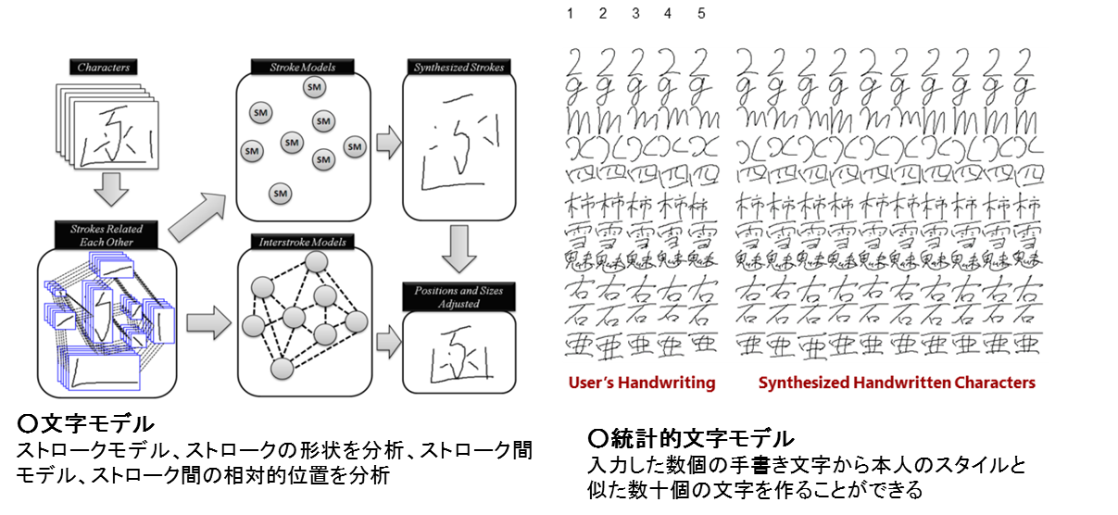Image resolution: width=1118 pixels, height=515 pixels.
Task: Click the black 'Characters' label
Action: pyautogui.click(x=103, y=68)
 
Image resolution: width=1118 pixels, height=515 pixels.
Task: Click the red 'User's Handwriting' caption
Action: pyautogui.click(x=643, y=383)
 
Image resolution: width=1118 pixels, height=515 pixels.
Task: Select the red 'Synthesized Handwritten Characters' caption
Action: pyautogui.click(x=897, y=383)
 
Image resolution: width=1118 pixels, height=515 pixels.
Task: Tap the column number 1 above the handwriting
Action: pyautogui.click(x=571, y=13)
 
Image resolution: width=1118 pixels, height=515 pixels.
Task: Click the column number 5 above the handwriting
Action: pyautogui.click(x=701, y=13)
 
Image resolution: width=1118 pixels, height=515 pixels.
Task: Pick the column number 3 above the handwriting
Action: pyautogui.click(x=635, y=13)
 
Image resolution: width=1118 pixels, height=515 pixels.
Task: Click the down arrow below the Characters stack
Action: pyautogui.click(x=109, y=190)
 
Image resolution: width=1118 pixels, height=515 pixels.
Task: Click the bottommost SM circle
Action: pyautogui.click(x=280, y=193)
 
